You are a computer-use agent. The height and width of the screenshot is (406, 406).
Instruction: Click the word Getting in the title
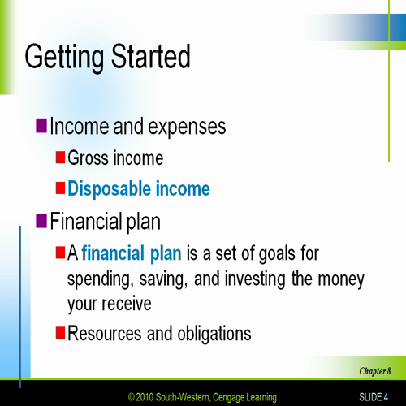(x=64, y=58)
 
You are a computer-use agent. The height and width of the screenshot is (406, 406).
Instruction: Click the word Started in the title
(x=151, y=56)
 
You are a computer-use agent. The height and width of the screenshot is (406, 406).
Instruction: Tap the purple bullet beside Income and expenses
(x=41, y=125)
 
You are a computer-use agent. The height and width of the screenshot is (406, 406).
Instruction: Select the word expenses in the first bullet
(x=187, y=127)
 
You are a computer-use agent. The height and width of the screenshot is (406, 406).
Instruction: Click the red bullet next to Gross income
(x=60, y=157)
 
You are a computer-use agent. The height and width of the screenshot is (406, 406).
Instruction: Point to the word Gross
(x=88, y=158)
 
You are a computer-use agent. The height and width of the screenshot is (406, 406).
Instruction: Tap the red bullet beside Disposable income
(x=60, y=188)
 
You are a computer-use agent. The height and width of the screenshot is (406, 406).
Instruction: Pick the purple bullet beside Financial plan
(x=41, y=221)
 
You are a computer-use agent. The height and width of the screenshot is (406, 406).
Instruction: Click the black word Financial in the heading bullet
(x=86, y=221)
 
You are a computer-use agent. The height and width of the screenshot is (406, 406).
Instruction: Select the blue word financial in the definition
(x=113, y=253)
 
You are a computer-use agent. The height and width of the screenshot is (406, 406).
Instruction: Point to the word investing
(x=255, y=279)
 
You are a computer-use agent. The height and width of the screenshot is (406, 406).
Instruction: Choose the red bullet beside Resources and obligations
(x=60, y=333)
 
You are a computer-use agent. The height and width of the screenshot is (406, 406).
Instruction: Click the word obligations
(x=214, y=335)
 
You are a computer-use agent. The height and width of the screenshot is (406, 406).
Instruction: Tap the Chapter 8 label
(x=375, y=371)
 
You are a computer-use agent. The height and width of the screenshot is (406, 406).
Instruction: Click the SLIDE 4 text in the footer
(x=374, y=397)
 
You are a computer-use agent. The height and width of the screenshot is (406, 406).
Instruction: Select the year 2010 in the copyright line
(x=145, y=397)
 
